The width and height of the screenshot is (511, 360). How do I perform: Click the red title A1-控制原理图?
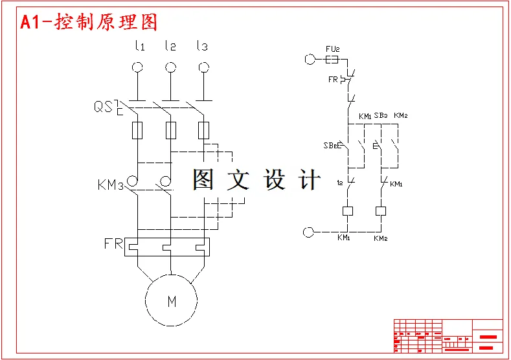click(89, 22)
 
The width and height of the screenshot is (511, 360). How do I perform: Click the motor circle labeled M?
click(172, 300)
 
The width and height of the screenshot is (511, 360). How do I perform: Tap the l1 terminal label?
click(139, 46)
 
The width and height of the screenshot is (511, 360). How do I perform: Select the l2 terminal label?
click(170, 46)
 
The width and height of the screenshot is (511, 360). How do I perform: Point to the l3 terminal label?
click(202, 46)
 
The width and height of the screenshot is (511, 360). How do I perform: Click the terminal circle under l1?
click(138, 67)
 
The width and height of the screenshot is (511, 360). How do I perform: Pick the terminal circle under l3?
click(203, 67)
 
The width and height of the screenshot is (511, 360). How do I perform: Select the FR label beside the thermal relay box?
click(113, 244)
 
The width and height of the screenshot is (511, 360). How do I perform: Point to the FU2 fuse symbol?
click(331, 60)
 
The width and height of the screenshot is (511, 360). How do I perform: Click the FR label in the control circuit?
click(334, 80)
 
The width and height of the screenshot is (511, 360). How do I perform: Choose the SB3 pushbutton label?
click(381, 116)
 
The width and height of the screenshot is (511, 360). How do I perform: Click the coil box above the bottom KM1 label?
click(348, 210)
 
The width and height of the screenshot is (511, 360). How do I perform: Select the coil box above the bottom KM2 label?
click(381, 210)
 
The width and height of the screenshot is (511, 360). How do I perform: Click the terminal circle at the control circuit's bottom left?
click(309, 231)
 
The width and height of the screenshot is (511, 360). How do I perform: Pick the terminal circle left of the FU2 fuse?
click(309, 60)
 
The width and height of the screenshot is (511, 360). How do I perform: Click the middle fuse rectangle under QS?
click(171, 130)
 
